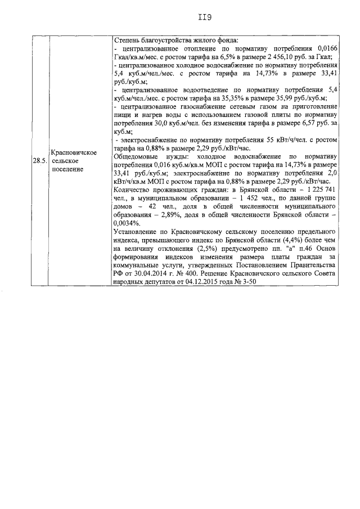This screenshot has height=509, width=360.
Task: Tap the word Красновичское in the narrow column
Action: click(x=74, y=152)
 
